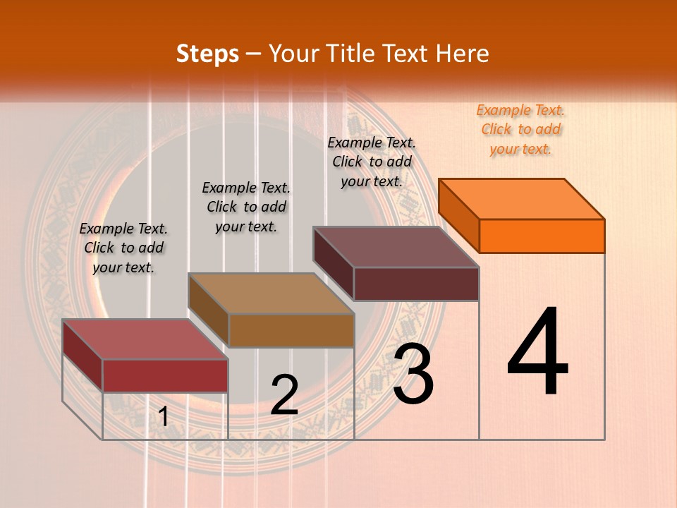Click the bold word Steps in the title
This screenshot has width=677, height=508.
(x=207, y=54)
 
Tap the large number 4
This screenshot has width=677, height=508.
(x=537, y=353)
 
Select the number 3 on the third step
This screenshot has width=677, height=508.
(x=413, y=374)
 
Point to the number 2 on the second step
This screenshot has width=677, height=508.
(x=284, y=395)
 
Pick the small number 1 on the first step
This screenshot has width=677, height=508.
(x=164, y=417)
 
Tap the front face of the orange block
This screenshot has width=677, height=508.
(x=542, y=236)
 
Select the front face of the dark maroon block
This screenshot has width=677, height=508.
(x=416, y=284)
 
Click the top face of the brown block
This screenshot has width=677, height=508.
(x=271, y=294)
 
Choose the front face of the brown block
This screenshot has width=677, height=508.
(x=291, y=330)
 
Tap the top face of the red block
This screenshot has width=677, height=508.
(x=145, y=339)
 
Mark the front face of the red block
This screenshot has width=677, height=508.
(x=165, y=375)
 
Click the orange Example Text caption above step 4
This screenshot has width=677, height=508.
(x=520, y=129)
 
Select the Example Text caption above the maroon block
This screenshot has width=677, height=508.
(x=372, y=162)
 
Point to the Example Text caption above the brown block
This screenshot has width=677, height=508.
(x=246, y=207)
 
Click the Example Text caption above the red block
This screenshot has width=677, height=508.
(x=123, y=248)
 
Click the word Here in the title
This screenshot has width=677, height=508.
(x=463, y=54)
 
